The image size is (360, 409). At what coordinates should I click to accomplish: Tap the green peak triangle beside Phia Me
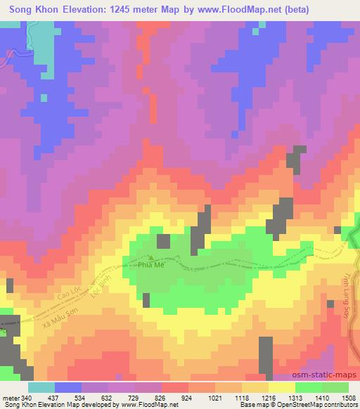[150, 258]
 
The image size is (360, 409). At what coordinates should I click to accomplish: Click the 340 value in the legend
[26, 398]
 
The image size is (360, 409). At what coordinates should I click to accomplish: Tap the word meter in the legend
[10, 398]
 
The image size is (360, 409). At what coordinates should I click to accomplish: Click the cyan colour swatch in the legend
[42, 387]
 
